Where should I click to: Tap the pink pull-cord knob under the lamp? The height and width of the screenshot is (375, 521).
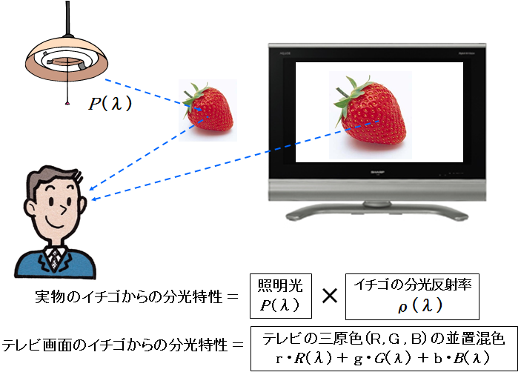[x=67, y=104]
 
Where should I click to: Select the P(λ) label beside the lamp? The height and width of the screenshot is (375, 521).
[x=110, y=103]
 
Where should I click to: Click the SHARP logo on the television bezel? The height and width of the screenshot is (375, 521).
[x=377, y=173]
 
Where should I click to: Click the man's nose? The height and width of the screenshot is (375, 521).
[x=62, y=209]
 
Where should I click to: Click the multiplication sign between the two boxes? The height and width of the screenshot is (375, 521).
[x=330, y=295]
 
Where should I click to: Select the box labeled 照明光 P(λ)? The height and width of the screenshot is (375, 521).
[x=281, y=296]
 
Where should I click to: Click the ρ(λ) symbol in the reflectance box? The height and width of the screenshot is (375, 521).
[x=420, y=305]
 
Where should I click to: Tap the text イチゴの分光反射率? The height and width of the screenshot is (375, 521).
[x=412, y=285]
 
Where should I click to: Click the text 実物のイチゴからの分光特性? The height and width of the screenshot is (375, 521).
[x=128, y=296]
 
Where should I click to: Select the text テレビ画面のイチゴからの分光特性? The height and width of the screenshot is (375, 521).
[x=115, y=345]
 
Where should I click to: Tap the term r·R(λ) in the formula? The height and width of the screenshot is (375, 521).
[x=304, y=358]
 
